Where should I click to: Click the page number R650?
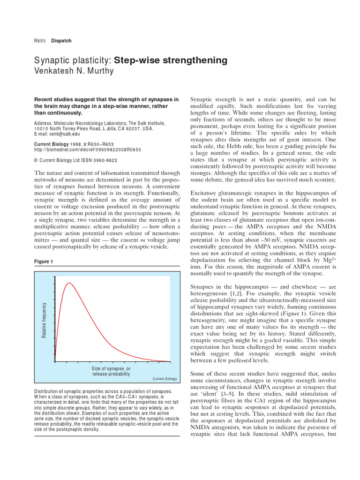39,41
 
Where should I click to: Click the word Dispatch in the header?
61,41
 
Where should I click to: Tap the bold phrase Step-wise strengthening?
171,60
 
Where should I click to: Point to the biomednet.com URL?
87,150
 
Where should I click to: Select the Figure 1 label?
45,261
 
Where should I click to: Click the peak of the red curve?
69,283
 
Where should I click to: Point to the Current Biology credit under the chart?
165,379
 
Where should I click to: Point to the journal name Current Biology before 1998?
51,144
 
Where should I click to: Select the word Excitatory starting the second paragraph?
207,193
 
